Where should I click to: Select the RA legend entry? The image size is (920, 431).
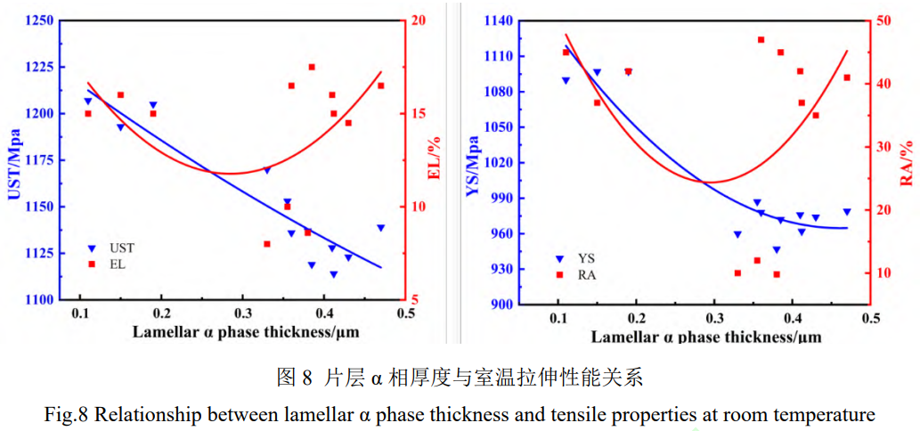[x=587, y=275]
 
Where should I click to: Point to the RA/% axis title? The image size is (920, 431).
[x=906, y=162]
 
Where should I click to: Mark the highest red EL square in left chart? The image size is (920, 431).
[x=312, y=67]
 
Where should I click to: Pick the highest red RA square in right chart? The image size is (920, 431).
[x=761, y=40]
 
